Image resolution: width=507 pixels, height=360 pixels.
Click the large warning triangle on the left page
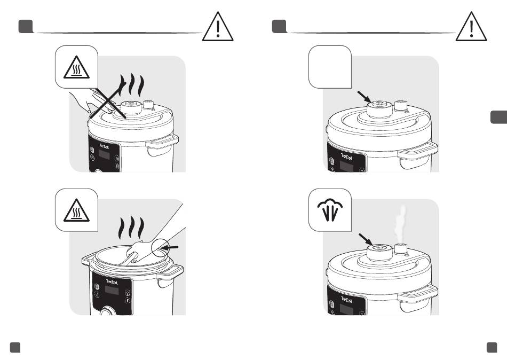pos(218,27)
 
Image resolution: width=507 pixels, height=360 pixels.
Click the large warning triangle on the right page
pos(471,27)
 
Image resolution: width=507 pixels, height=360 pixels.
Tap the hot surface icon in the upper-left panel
pos(76,67)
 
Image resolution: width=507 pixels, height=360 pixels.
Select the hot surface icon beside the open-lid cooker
pos(76,210)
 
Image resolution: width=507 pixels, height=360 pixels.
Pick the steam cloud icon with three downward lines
pos(330,210)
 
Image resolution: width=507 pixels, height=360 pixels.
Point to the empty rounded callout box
pos(330,67)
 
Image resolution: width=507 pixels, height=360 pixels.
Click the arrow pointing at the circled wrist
pos(169,248)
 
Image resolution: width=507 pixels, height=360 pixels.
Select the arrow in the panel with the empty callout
pos(365,97)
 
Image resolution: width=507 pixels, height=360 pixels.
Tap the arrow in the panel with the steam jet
pos(366,240)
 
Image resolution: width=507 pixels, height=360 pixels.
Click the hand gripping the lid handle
pos(140,251)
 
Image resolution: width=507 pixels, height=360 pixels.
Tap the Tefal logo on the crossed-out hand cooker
pos(104,146)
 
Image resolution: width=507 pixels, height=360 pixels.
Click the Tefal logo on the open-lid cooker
pos(112,281)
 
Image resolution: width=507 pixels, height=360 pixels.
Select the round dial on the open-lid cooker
pos(106,312)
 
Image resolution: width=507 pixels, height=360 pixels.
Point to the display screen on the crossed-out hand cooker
pos(104,154)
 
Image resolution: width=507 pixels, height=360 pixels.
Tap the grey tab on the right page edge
pos(498,117)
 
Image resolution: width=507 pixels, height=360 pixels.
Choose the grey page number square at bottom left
pos(15,347)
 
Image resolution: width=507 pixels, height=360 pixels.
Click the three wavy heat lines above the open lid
pos(131,228)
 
